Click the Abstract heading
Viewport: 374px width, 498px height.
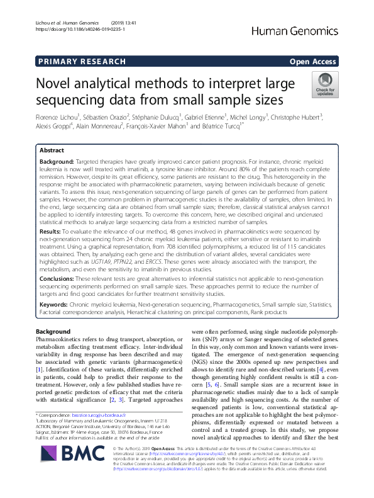pos(52,151)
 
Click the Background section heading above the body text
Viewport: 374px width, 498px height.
pos(53,331)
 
